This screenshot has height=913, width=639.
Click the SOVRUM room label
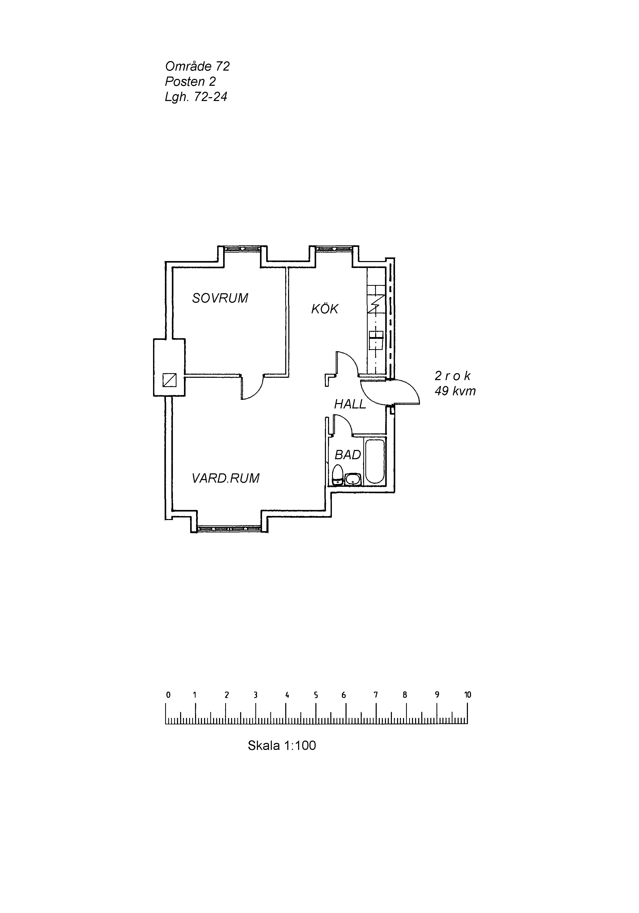pyautogui.click(x=220, y=298)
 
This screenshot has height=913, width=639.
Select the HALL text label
pyautogui.click(x=350, y=404)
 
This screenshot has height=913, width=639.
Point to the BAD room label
pyautogui.click(x=348, y=455)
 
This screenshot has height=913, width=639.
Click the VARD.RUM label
pyautogui.click(x=225, y=478)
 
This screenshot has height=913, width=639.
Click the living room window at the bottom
pyautogui.click(x=229, y=529)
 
